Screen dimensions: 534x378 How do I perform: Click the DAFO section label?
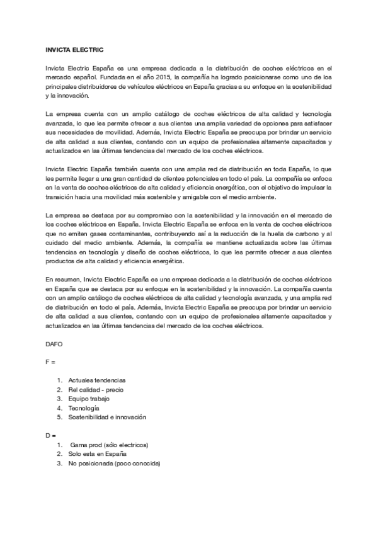55,344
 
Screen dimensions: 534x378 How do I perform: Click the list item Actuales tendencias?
97,380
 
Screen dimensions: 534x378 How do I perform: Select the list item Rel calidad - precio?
96,390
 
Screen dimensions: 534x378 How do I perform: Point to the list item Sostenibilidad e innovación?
107,417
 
